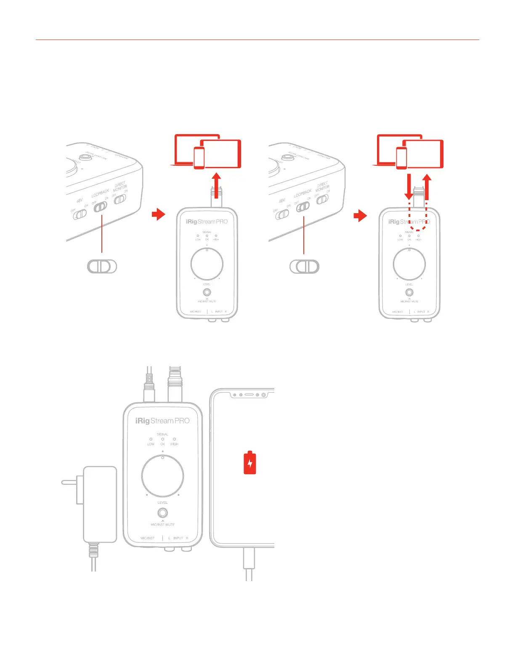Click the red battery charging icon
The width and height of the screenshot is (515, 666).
click(x=250, y=463)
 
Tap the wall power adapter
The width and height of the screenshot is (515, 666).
click(x=100, y=504)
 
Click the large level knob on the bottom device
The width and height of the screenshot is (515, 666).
click(x=162, y=476)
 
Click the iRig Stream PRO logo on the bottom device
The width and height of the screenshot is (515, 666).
click(x=162, y=421)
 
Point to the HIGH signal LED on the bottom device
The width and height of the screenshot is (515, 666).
click(x=174, y=439)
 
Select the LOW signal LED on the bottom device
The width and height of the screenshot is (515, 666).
click(x=151, y=439)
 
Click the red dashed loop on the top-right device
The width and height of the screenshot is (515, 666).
click(x=418, y=214)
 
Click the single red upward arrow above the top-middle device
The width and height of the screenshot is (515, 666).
click(x=216, y=185)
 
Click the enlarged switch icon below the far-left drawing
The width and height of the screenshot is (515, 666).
click(x=102, y=267)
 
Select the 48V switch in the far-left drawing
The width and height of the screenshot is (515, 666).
click(x=80, y=214)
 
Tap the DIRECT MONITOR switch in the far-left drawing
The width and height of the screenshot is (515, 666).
click(x=120, y=199)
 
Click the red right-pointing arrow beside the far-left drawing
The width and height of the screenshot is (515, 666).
click(x=159, y=215)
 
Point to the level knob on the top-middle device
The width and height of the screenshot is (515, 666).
click(x=207, y=264)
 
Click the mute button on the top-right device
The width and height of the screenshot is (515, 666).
click(x=409, y=292)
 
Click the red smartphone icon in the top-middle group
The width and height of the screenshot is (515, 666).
click(x=199, y=158)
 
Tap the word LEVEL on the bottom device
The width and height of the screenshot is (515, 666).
click(x=162, y=502)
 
